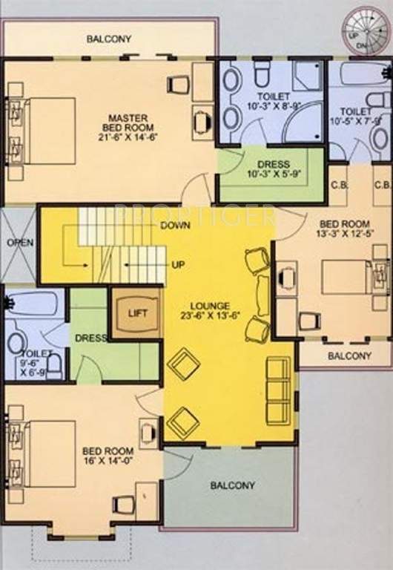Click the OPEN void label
(x=18, y=243)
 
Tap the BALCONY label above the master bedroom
(x=109, y=39)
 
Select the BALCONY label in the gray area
(x=232, y=485)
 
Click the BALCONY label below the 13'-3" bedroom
(x=349, y=356)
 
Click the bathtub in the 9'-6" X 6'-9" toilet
(x=34, y=304)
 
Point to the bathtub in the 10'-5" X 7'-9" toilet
(x=360, y=75)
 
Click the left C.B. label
(x=339, y=185)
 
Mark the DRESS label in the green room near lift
(x=90, y=338)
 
